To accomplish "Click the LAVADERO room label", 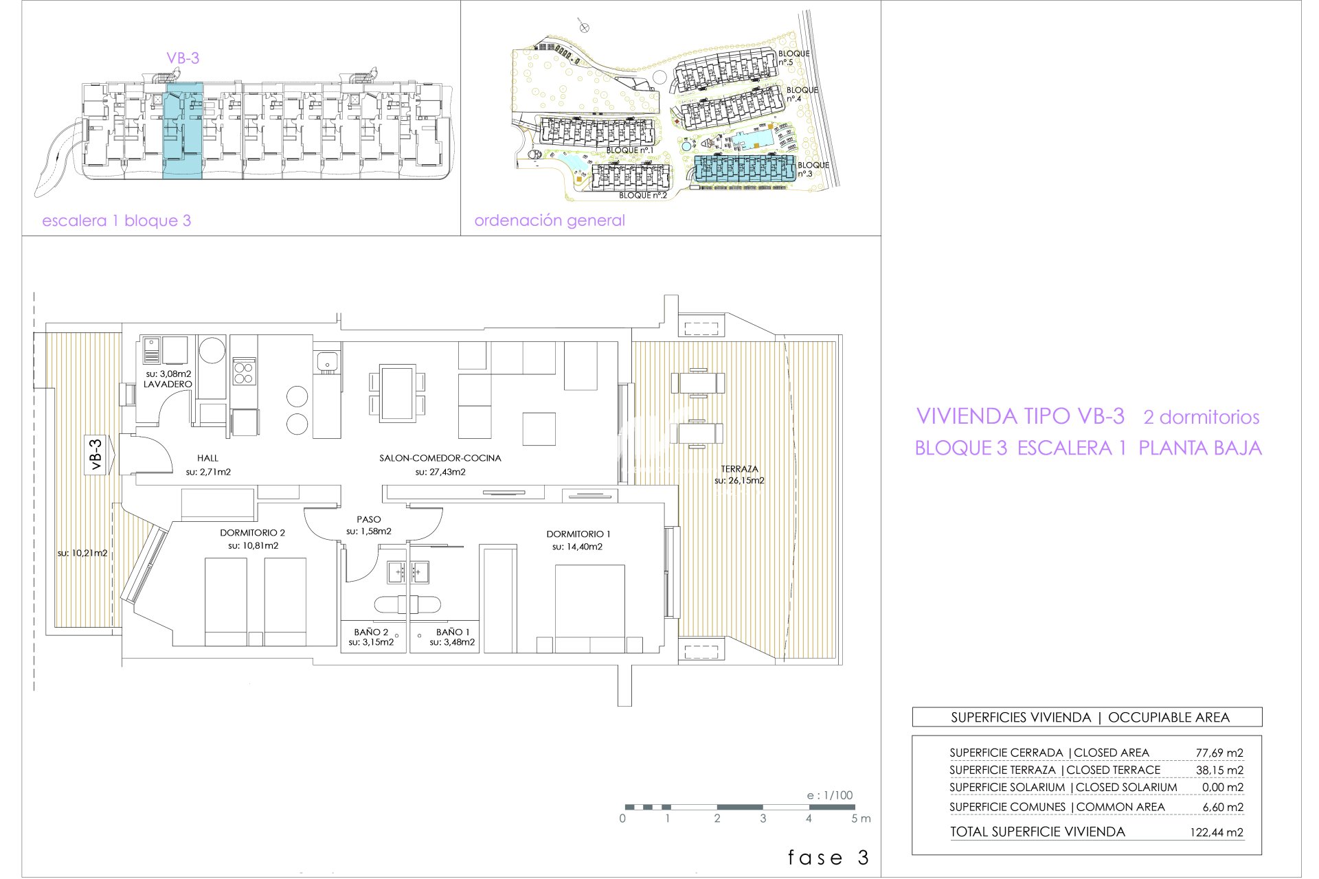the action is click(168, 385).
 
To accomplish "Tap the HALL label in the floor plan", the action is click(207, 458).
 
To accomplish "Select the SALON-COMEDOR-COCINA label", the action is click(440, 458).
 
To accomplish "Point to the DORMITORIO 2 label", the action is click(252, 533).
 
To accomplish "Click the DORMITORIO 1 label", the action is click(578, 534).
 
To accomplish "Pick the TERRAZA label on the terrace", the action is click(739, 469).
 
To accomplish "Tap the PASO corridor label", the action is click(369, 520).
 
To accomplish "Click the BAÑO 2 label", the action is click(371, 632).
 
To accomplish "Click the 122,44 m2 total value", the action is click(1217, 833).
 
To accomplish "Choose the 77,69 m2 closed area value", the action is click(1219, 753).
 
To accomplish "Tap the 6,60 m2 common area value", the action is click(1223, 808).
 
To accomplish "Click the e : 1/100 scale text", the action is click(830, 795).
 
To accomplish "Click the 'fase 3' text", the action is click(828, 858).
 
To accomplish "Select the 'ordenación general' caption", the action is click(550, 220).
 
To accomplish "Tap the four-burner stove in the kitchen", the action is click(243, 372).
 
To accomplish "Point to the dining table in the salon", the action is click(397, 393).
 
